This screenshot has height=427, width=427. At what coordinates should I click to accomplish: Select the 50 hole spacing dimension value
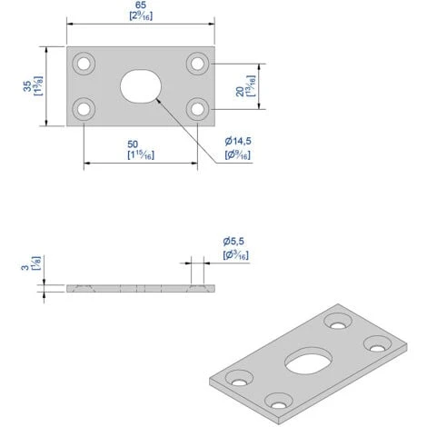(x=141, y=144)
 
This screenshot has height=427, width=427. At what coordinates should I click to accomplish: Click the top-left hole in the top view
(x=84, y=64)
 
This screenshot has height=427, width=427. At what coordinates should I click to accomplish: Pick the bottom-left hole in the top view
(x=84, y=109)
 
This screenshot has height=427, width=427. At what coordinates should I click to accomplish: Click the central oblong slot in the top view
(x=141, y=86)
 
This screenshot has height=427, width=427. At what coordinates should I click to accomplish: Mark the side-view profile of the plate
(x=141, y=288)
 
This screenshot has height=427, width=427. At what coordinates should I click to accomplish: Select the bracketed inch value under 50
(x=141, y=156)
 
